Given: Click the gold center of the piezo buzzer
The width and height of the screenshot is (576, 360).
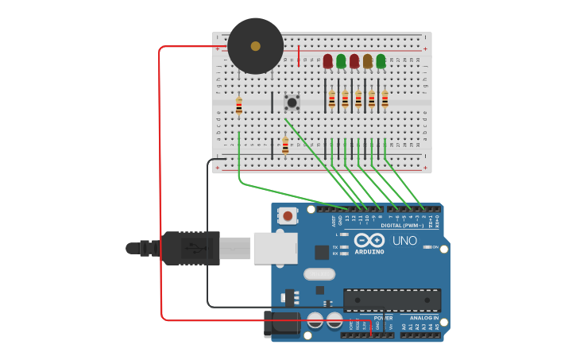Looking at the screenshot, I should [x=255, y=46].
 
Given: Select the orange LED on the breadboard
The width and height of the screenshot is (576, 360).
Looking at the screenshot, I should [x=368, y=61].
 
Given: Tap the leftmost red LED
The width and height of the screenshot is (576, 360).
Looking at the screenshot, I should [x=327, y=61].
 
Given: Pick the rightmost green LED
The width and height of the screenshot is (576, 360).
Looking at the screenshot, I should [x=381, y=61].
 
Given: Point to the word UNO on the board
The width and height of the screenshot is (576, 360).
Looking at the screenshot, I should [x=404, y=241].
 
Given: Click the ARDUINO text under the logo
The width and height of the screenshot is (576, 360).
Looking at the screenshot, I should [x=369, y=252].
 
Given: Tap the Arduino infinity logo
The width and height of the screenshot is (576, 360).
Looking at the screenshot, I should [x=369, y=240].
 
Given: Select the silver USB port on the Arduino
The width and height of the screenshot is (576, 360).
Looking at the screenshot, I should [x=275, y=248].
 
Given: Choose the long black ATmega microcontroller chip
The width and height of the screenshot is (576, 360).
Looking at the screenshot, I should [x=392, y=300].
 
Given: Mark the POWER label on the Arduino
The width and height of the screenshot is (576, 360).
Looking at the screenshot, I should [x=383, y=318].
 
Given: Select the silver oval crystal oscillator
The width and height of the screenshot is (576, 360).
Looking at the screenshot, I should [x=319, y=274].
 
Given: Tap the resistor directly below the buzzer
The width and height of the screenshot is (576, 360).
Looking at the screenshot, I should [x=238, y=106].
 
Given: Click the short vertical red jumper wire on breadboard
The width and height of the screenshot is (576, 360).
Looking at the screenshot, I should [x=299, y=55].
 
